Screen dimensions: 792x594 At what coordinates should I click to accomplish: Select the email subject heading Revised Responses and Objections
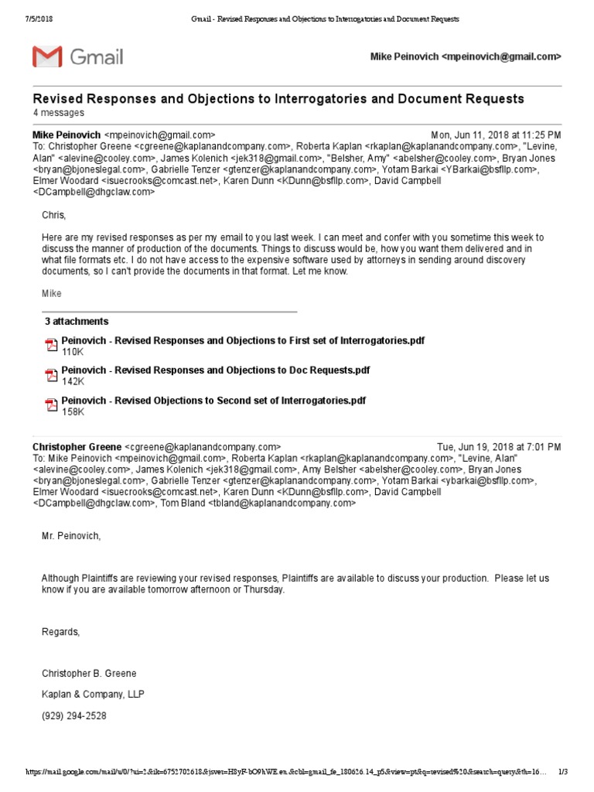(278, 99)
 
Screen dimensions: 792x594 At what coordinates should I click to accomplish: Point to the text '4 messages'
(58, 113)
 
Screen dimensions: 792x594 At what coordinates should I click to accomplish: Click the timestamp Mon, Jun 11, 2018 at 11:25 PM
(495, 135)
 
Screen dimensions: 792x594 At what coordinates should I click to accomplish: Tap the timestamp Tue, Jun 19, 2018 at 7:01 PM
(499, 447)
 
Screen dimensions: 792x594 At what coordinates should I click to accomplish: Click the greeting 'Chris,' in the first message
(54, 215)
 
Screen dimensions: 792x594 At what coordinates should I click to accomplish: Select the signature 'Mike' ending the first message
(51, 294)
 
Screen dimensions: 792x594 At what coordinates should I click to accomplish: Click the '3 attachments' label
(77, 322)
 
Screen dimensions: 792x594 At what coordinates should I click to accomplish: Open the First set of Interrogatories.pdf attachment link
(243, 340)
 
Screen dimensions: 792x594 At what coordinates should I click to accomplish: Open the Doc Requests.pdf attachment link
(216, 370)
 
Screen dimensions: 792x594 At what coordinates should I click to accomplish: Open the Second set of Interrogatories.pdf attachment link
(213, 401)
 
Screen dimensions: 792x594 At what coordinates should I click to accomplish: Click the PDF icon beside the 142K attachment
(51, 376)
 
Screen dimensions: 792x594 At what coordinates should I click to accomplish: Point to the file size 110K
(73, 352)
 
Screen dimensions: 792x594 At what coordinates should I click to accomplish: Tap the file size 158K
(73, 412)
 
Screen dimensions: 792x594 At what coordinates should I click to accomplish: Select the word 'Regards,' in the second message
(60, 632)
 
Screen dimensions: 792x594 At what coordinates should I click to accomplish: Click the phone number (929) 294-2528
(74, 716)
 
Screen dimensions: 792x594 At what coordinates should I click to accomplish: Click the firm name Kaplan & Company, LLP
(93, 695)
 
